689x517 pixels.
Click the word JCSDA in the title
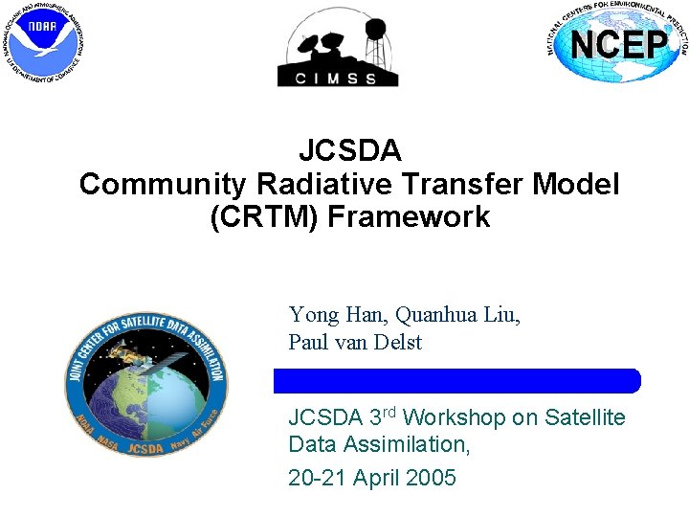[x=349, y=151]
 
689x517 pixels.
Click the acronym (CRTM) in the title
[x=263, y=217]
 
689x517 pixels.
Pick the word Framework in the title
[x=409, y=217]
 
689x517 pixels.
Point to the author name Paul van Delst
[x=355, y=343]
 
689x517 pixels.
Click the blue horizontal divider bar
[x=456, y=381]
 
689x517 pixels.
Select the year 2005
[x=430, y=478]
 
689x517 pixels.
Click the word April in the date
[x=376, y=478]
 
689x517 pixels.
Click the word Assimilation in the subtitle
[x=402, y=445]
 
